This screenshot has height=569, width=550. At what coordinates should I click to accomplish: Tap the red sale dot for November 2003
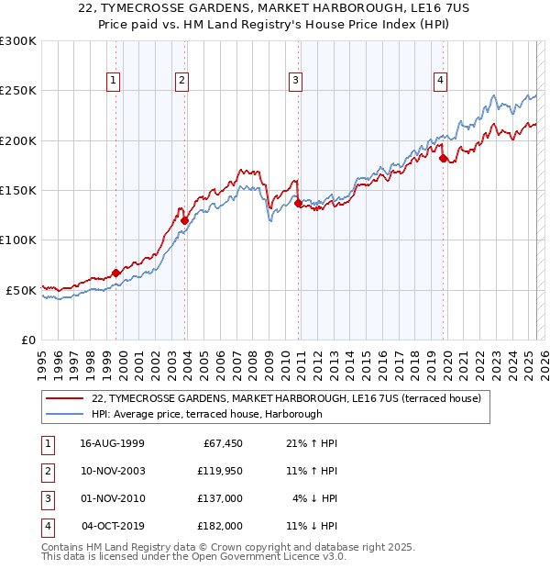pos(184,220)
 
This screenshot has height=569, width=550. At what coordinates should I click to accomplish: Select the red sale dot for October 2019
pos(443,158)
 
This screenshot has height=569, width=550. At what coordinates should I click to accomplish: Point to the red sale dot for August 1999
pos(116,273)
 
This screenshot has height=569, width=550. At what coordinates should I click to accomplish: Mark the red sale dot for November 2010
pos(299,204)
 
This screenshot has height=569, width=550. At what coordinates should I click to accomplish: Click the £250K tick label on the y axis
pos(18,91)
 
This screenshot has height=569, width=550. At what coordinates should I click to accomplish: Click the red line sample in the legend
pos(65,398)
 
